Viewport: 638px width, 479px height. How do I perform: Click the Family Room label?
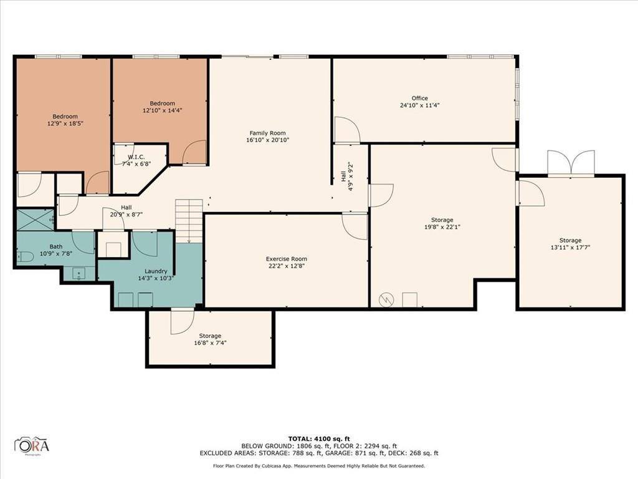[267, 133]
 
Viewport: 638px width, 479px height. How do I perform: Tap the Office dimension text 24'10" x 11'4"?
[419, 105]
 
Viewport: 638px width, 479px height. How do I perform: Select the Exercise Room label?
[286, 259]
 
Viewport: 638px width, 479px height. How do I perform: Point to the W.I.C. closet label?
[136, 157]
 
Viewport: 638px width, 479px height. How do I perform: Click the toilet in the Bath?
[22, 256]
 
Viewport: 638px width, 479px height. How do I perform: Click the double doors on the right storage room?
[570, 163]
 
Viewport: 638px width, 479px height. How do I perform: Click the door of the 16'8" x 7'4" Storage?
[181, 321]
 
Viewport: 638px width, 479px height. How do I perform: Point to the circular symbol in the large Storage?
[386, 300]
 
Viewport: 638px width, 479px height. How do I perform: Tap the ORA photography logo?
[32, 445]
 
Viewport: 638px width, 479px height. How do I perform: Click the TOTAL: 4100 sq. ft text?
[318, 438]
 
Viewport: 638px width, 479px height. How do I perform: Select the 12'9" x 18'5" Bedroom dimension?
[65, 123]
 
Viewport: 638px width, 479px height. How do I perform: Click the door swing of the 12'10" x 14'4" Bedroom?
[195, 153]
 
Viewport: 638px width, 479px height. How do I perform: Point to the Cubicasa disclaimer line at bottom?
[318, 466]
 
